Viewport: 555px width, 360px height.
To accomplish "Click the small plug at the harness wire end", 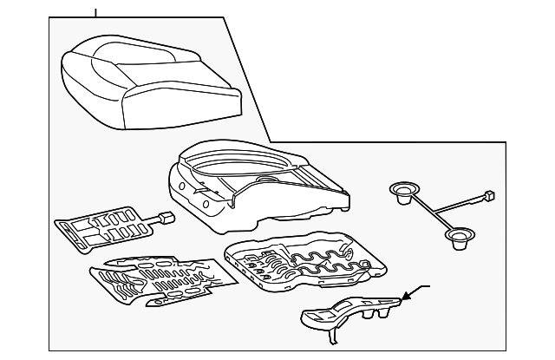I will coord(490,196).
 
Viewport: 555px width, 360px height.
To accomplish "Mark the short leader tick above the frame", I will coord(95,11).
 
